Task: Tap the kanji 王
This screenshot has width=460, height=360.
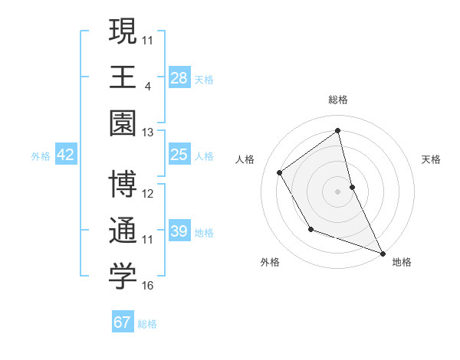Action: [x=123, y=77]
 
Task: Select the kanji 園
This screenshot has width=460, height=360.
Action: [x=123, y=123]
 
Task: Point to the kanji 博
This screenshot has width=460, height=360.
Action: [x=123, y=185]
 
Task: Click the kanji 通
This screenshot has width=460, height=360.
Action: [x=123, y=231]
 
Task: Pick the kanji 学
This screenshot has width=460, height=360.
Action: [x=123, y=277]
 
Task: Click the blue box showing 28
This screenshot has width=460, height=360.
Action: [x=179, y=78]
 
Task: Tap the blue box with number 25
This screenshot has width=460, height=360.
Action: [x=179, y=155]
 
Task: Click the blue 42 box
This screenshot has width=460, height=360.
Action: [x=66, y=155]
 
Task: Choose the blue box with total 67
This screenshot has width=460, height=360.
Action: [x=123, y=322]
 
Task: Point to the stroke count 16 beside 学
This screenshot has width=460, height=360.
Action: [x=148, y=286]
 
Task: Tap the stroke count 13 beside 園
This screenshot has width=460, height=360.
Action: [x=148, y=132]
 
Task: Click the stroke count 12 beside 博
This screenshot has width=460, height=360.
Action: [x=148, y=193]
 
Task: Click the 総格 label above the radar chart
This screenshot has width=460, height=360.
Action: [x=338, y=100]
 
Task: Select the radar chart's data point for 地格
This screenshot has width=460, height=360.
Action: [x=383, y=253]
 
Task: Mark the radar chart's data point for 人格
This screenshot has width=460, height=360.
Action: [x=280, y=172]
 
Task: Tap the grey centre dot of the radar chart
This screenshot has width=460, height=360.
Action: [x=338, y=191]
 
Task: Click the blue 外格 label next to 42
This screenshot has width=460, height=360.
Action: [x=41, y=156]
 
